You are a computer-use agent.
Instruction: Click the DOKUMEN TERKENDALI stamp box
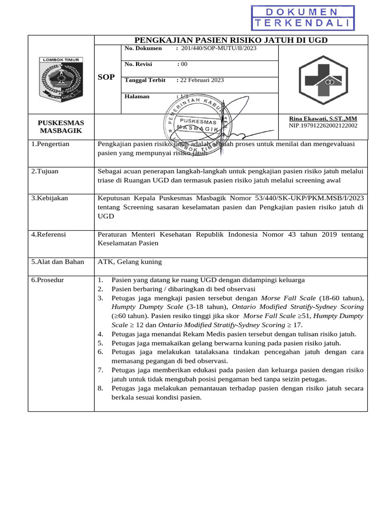303,18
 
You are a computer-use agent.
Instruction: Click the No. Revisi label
138,64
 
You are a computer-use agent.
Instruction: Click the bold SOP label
106,77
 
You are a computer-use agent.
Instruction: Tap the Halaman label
137,96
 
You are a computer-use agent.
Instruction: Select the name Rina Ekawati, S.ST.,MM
322,118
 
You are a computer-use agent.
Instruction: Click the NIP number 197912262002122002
322,125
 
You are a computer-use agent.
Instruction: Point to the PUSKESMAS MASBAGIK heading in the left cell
61,126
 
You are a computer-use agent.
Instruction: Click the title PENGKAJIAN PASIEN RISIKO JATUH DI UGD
231,40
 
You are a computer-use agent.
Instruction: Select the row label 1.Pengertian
50,144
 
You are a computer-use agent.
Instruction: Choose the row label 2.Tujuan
45,171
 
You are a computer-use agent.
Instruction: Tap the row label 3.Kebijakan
49,199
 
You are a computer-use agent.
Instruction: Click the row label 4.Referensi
49,235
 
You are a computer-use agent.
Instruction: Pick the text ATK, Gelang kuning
130,262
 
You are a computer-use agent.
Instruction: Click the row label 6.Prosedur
47,280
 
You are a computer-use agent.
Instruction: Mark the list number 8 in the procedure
100,389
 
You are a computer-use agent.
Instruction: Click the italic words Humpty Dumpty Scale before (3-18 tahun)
141,307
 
